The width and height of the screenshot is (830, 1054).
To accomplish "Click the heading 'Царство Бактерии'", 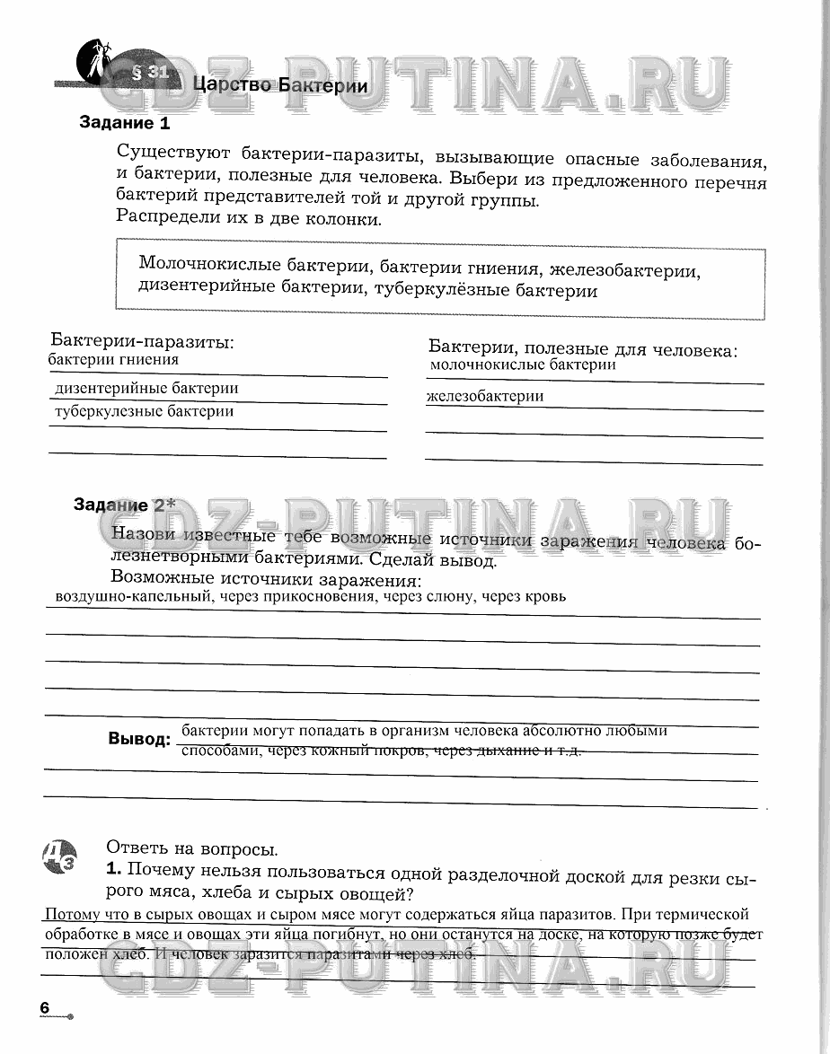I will tap(280, 86).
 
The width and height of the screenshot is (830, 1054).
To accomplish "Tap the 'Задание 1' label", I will tap(124, 123).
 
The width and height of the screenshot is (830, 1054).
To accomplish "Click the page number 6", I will tap(45, 1007).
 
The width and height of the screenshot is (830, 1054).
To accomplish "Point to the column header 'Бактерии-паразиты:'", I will tap(142, 342).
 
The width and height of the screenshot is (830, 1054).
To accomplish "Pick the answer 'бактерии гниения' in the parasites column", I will tap(113, 360).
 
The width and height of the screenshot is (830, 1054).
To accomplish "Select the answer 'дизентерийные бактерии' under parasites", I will tap(146, 389).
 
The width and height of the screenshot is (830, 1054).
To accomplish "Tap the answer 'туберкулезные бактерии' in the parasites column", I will tap(144, 411).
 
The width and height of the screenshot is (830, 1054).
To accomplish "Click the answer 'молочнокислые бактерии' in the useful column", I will tap(523, 365).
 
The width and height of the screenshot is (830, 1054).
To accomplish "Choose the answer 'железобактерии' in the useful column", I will tap(485, 397).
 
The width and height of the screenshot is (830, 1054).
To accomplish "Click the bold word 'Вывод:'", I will tap(139, 739).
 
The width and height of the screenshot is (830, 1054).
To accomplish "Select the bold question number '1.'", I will tap(113, 870).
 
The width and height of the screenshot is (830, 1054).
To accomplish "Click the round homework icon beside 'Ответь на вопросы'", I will tap(59, 857).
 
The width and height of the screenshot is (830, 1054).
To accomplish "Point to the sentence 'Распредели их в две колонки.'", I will tap(249, 218).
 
